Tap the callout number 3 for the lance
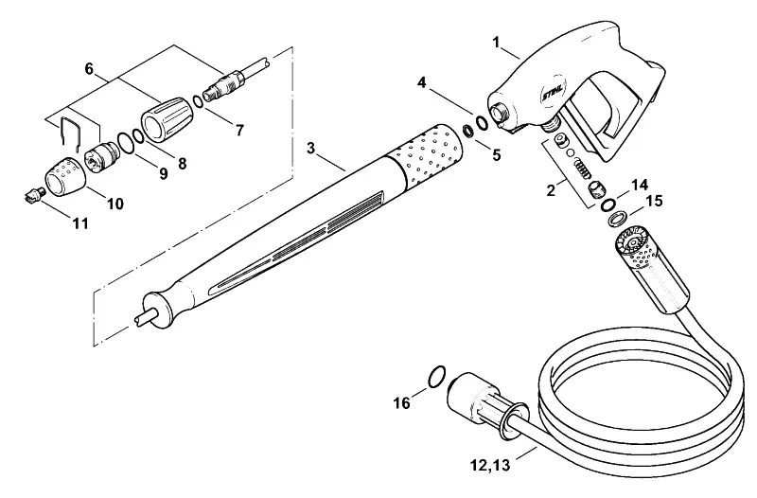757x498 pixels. coord(310,148)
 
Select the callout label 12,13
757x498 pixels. coord(490,466)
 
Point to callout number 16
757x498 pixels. coord(401,402)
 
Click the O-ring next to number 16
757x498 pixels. coord(436,376)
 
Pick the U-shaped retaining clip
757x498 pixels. coord(70,131)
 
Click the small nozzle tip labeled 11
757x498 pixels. coord(34,195)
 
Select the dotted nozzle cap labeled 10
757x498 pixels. coord(66,177)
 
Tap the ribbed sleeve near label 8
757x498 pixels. coord(167,119)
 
